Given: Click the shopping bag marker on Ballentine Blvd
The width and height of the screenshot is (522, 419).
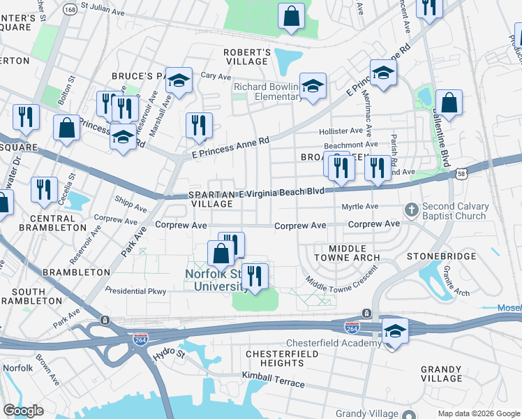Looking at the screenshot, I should pyautogui.click(x=449, y=103).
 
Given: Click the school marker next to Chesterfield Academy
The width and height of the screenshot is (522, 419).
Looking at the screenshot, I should pyautogui.click(x=395, y=332).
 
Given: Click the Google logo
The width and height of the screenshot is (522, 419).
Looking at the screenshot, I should pyautogui.click(x=23, y=411).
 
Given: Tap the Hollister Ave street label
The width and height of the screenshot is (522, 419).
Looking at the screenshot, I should pyautogui.click(x=341, y=131).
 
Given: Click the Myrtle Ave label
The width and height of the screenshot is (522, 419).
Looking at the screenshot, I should pyautogui.click(x=359, y=207).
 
